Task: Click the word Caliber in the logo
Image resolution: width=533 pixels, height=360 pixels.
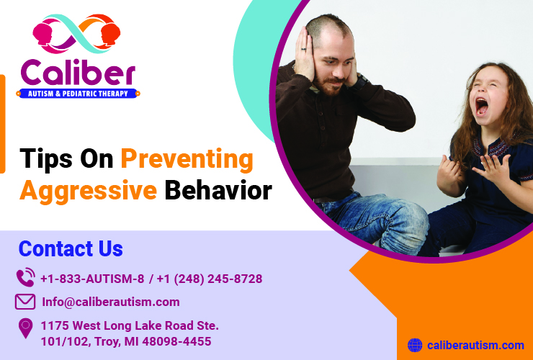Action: [x=78, y=72]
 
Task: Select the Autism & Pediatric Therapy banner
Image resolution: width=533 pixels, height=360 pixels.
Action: [x=78, y=94]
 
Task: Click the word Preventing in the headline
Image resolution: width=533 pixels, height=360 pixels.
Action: [x=187, y=158]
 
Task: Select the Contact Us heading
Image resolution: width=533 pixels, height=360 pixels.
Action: [x=71, y=249]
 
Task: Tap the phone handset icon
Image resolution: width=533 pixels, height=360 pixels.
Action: [x=25, y=278]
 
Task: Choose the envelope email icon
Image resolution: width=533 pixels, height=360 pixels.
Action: [x=25, y=302]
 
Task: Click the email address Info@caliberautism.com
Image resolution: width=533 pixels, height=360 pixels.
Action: [x=111, y=302]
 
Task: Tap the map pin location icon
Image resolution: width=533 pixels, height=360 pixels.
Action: [x=26, y=328]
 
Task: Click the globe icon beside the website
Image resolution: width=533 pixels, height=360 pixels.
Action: [x=415, y=346]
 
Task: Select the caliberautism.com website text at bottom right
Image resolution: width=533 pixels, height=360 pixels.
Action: [x=476, y=346]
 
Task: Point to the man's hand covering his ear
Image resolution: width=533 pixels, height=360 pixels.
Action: [x=305, y=56]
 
